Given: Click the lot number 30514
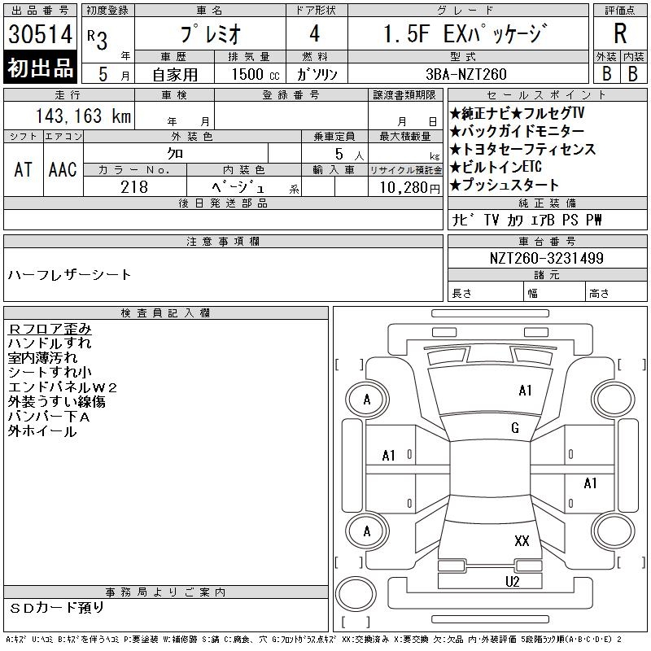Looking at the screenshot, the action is (40, 34).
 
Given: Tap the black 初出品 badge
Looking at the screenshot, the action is (40, 68).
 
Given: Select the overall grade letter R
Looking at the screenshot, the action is (620, 33).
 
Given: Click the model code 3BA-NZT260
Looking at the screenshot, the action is (466, 74).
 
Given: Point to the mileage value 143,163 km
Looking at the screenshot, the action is (83, 116).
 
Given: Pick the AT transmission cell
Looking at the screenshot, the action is (24, 169).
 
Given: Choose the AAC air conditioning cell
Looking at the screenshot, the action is (63, 169).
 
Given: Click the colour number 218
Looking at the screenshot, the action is (134, 187).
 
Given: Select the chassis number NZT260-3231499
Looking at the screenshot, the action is (546, 258).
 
